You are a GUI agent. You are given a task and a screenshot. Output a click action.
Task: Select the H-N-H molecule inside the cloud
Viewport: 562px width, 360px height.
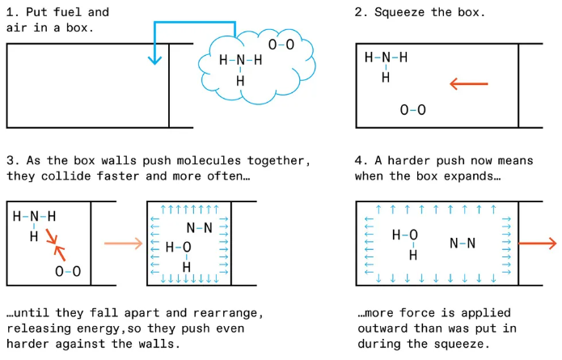coord(240,66)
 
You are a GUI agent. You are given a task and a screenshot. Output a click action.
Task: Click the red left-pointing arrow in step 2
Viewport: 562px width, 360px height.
coord(468,83)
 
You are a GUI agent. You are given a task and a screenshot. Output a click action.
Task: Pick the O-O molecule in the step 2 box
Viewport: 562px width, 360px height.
coord(412,109)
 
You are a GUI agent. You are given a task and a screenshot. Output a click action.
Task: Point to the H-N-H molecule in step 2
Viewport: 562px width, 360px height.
coord(386,63)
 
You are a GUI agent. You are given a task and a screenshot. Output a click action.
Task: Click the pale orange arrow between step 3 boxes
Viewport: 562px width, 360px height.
coord(122,243)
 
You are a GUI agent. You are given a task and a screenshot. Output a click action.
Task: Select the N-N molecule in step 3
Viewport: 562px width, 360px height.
coord(198,227)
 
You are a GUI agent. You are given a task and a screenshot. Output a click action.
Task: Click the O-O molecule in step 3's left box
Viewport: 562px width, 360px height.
coord(68,271)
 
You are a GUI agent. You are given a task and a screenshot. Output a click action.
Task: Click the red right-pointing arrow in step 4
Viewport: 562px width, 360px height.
coord(537,244)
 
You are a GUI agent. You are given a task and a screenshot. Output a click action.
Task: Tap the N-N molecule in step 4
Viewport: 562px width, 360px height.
coord(463,243)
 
